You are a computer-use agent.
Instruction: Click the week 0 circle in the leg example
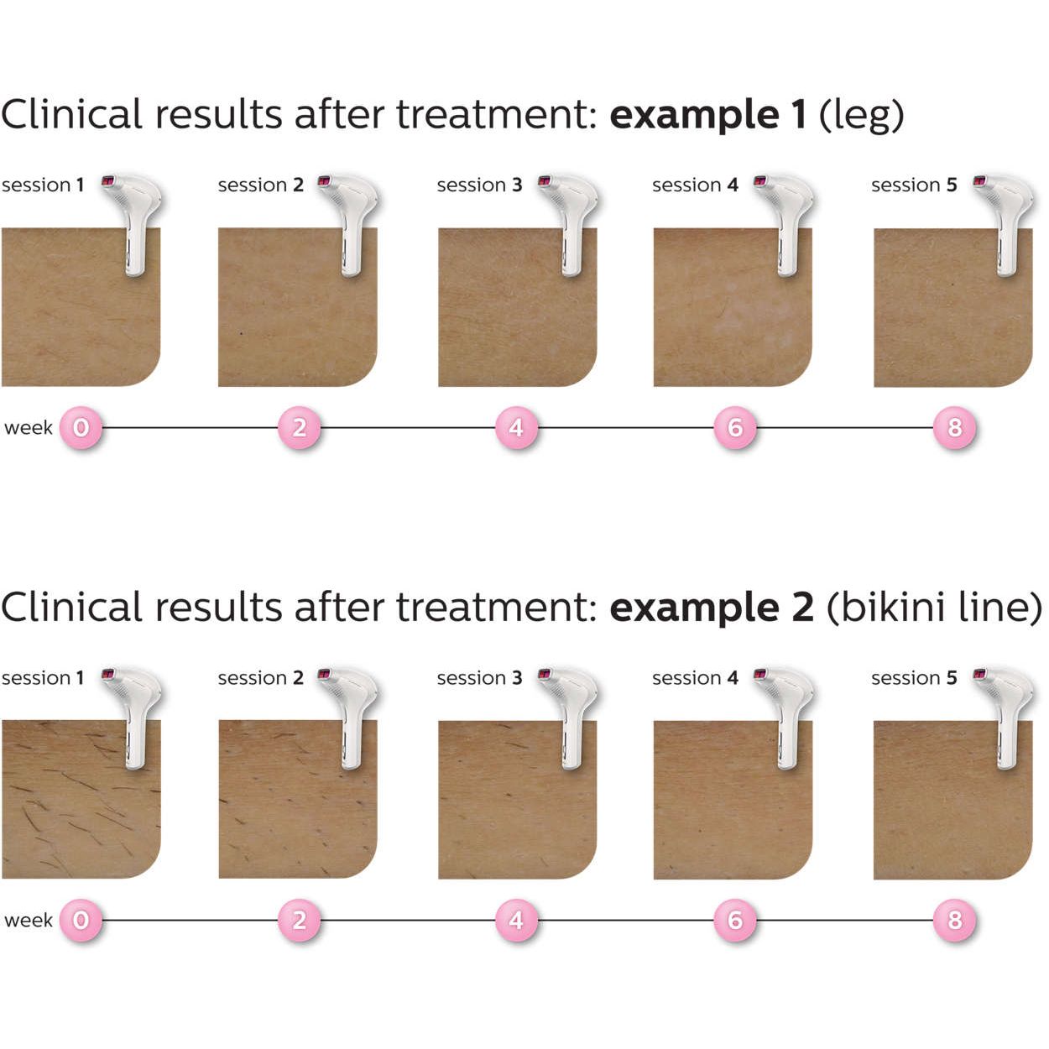[81, 427]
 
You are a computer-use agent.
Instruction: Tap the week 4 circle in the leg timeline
[517, 427]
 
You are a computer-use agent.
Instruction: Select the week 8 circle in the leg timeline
[954, 427]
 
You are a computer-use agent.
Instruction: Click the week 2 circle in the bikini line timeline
[299, 920]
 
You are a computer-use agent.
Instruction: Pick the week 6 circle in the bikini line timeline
[735, 920]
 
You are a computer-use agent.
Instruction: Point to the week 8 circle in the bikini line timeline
[954, 920]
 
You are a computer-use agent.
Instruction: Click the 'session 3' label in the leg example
[479, 185]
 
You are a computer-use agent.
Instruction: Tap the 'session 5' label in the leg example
[914, 185]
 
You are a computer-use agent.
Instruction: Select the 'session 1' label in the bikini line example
[43, 678]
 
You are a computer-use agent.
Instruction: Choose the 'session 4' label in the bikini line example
[695, 678]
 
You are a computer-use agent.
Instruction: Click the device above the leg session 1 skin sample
[133, 224]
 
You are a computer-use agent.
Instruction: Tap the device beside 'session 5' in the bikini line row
[1004, 718]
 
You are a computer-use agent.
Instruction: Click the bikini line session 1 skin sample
[81, 799]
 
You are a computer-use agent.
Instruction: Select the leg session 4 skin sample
[732, 307]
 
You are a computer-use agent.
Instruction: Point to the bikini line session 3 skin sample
[517, 799]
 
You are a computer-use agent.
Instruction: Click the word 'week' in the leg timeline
[29, 427]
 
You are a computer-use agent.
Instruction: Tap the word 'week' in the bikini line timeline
[29, 920]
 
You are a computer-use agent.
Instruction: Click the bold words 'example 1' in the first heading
[707, 116]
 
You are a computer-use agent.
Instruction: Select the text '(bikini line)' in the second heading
[934, 608]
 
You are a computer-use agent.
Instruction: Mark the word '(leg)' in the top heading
[861, 116]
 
